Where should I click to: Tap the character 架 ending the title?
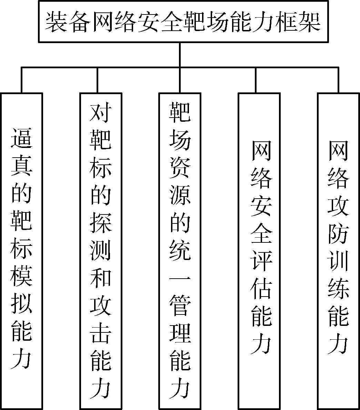tap(310, 22)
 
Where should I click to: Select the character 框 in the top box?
tap(287, 22)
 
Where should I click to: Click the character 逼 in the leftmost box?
tap(21, 138)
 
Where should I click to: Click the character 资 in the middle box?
tap(180, 167)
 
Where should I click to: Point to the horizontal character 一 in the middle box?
tap(180, 279)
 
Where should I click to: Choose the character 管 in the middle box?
tap(180, 307)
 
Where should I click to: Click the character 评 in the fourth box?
tap(261, 261)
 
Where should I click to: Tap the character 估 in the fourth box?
tap(261, 289)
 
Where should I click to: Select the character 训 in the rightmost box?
tap(338, 261)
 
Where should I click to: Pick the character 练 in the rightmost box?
tap(338, 289)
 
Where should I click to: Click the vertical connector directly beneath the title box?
tap(180, 55)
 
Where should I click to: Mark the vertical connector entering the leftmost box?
tap(21, 80)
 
